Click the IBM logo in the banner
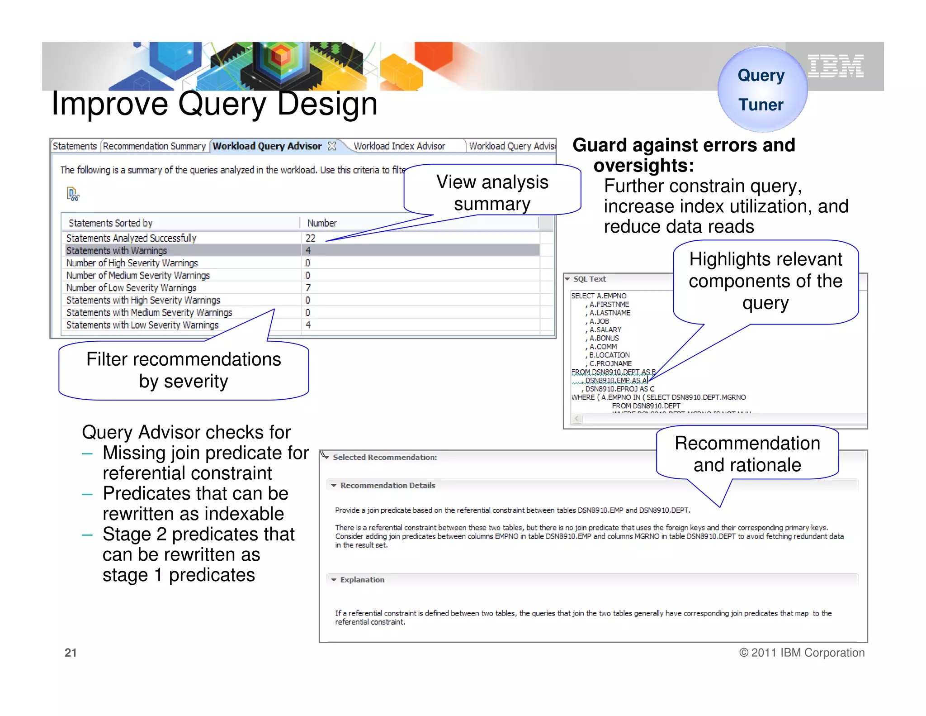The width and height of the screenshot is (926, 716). tap(836, 66)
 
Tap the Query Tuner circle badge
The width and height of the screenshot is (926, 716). tap(762, 89)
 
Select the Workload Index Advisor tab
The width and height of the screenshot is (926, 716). tap(399, 146)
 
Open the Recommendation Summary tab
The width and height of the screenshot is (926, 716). tap(154, 146)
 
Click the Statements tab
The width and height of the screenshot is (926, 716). tap(75, 146)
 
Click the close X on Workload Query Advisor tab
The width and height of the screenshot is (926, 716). tap(332, 146)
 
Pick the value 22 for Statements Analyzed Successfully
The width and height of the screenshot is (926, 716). tap(310, 238)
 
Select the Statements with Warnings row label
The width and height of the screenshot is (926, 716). tap(117, 250)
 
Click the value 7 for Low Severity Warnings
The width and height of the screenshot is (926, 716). tap(308, 288)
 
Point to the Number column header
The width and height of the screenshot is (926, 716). tap(322, 223)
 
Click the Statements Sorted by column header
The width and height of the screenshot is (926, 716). tap(110, 223)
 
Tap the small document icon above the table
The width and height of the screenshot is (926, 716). tap(72, 194)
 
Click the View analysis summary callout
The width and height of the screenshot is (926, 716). tap(492, 192)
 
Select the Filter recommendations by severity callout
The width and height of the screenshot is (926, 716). tap(184, 370)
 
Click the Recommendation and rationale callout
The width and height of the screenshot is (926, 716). tap(747, 453)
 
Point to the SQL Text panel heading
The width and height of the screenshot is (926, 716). tap(590, 279)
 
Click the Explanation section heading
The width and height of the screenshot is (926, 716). tap(362, 580)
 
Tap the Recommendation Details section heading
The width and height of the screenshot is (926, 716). tap(387, 486)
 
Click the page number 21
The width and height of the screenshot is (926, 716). tap(71, 653)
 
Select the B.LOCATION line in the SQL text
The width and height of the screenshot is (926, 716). tap(609, 355)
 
